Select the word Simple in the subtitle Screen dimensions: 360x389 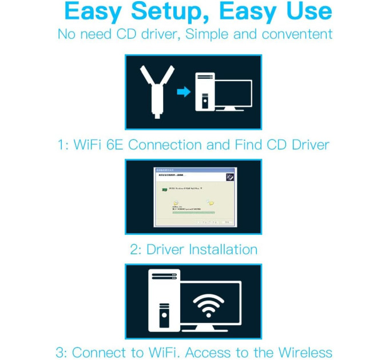point(212,34)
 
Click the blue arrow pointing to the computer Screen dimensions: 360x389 point(183,91)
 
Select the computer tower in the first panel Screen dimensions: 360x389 point(204,91)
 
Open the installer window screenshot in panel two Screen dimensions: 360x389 point(194,197)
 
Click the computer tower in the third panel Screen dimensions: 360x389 point(164,300)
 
